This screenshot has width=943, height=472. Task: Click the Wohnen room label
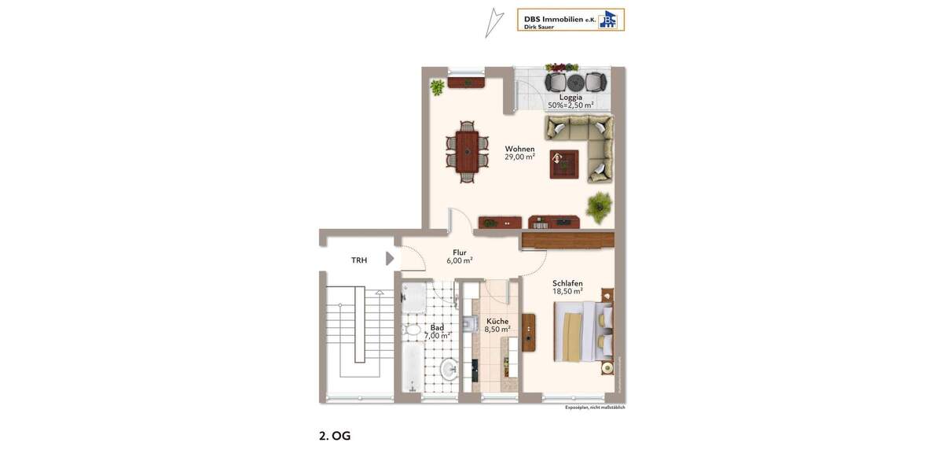(519, 149)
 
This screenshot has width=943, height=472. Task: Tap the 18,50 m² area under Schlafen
(567, 291)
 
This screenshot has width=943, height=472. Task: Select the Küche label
(497, 321)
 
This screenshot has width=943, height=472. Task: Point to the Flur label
(460, 253)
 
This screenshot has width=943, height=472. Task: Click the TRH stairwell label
(359, 260)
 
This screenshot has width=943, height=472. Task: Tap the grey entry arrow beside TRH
(390, 259)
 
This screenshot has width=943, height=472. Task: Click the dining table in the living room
(466, 151)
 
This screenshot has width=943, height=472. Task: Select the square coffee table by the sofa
(563, 163)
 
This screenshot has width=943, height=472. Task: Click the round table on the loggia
(574, 82)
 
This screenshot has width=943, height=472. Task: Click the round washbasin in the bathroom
(448, 368)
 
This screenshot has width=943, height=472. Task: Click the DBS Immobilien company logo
(571, 20)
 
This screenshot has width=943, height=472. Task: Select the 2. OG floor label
(335, 436)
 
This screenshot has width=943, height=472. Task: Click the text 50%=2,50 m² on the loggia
(571, 105)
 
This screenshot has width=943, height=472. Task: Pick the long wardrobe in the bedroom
(567, 240)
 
